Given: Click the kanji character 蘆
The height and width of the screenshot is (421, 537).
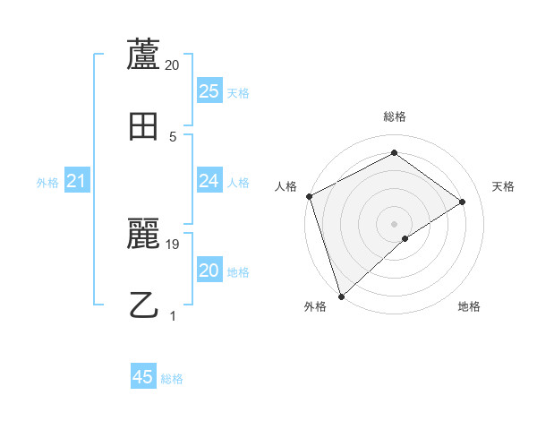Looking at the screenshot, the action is (144, 55).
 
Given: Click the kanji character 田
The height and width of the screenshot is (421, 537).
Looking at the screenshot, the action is (144, 125).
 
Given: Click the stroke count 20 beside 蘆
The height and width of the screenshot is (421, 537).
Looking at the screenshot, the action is (173, 65).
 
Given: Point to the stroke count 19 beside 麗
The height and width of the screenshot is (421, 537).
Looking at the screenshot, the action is (173, 244).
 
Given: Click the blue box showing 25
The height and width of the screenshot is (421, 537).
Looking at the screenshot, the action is (209, 91).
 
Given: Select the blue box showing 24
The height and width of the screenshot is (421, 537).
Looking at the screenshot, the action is (209, 181).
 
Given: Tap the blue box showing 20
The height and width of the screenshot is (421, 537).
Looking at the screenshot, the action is (209, 271).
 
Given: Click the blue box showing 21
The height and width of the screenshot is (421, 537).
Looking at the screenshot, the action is (76, 181).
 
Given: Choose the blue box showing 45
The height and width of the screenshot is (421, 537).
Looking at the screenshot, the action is (143, 377).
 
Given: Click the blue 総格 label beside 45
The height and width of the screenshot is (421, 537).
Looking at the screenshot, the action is (172, 379).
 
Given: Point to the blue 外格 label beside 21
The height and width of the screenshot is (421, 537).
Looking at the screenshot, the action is (47, 183).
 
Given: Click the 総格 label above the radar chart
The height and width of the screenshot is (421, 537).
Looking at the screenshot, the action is (394, 116).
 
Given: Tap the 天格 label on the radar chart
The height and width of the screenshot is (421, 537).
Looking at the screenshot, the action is (504, 186).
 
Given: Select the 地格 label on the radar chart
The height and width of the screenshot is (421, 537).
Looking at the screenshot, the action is (469, 307).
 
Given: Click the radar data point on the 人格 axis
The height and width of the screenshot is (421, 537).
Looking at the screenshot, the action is (309, 196).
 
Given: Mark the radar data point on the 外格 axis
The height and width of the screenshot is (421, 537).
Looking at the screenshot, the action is (341, 296).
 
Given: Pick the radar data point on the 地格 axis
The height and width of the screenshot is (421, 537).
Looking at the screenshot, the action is (405, 238).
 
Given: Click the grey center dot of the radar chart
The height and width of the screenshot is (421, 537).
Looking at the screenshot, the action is (394, 223).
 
